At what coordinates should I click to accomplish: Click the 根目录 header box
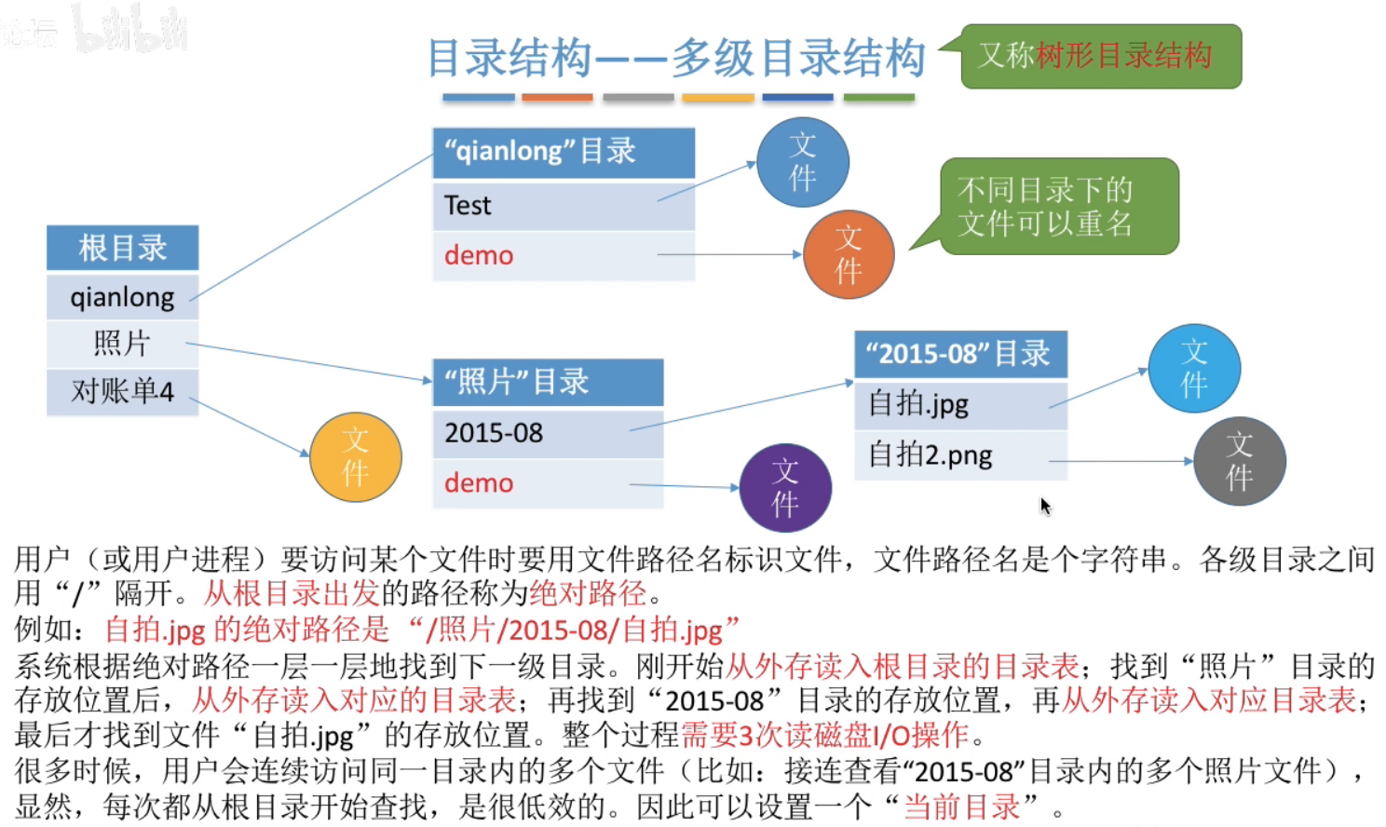pyautogui.click(x=122, y=249)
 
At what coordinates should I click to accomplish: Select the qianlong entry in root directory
pyautogui.click(x=122, y=297)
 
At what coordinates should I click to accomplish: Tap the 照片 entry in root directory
pyautogui.click(x=122, y=344)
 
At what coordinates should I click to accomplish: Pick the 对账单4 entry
pyautogui.click(x=122, y=391)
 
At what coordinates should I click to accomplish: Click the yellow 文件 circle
pyautogui.click(x=355, y=457)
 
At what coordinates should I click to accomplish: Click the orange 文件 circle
pyautogui.click(x=848, y=254)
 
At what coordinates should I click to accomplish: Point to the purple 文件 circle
pyautogui.click(x=784, y=488)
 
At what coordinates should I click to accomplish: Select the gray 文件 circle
pyautogui.click(x=1239, y=461)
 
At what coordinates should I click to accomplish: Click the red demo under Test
pyautogui.click(x=479, y=255)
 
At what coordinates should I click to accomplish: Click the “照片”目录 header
pyautogui.click(x=548, y=382)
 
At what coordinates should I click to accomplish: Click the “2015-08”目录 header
pyautogui.click(x=959, y=354)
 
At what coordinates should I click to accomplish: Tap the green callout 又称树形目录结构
pyautogui.click(x=1100, y=56)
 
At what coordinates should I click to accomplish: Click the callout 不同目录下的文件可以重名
pyautogui.click(x=1058, y=207)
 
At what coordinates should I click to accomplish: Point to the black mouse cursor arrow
pyautogui.click(x=1045, y=506)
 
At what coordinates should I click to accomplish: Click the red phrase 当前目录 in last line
pyautogui.click(x=961, y=807)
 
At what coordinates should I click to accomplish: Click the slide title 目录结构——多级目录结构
pyautogui.click(x=676, y=58)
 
